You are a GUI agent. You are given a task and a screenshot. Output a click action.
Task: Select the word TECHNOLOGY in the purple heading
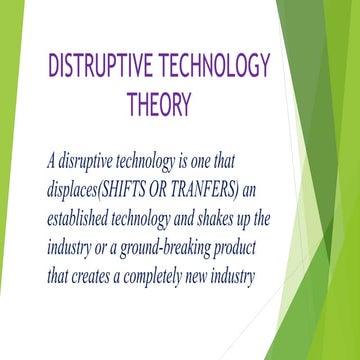213,66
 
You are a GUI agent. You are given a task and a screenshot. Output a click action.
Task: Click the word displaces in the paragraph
76,186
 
